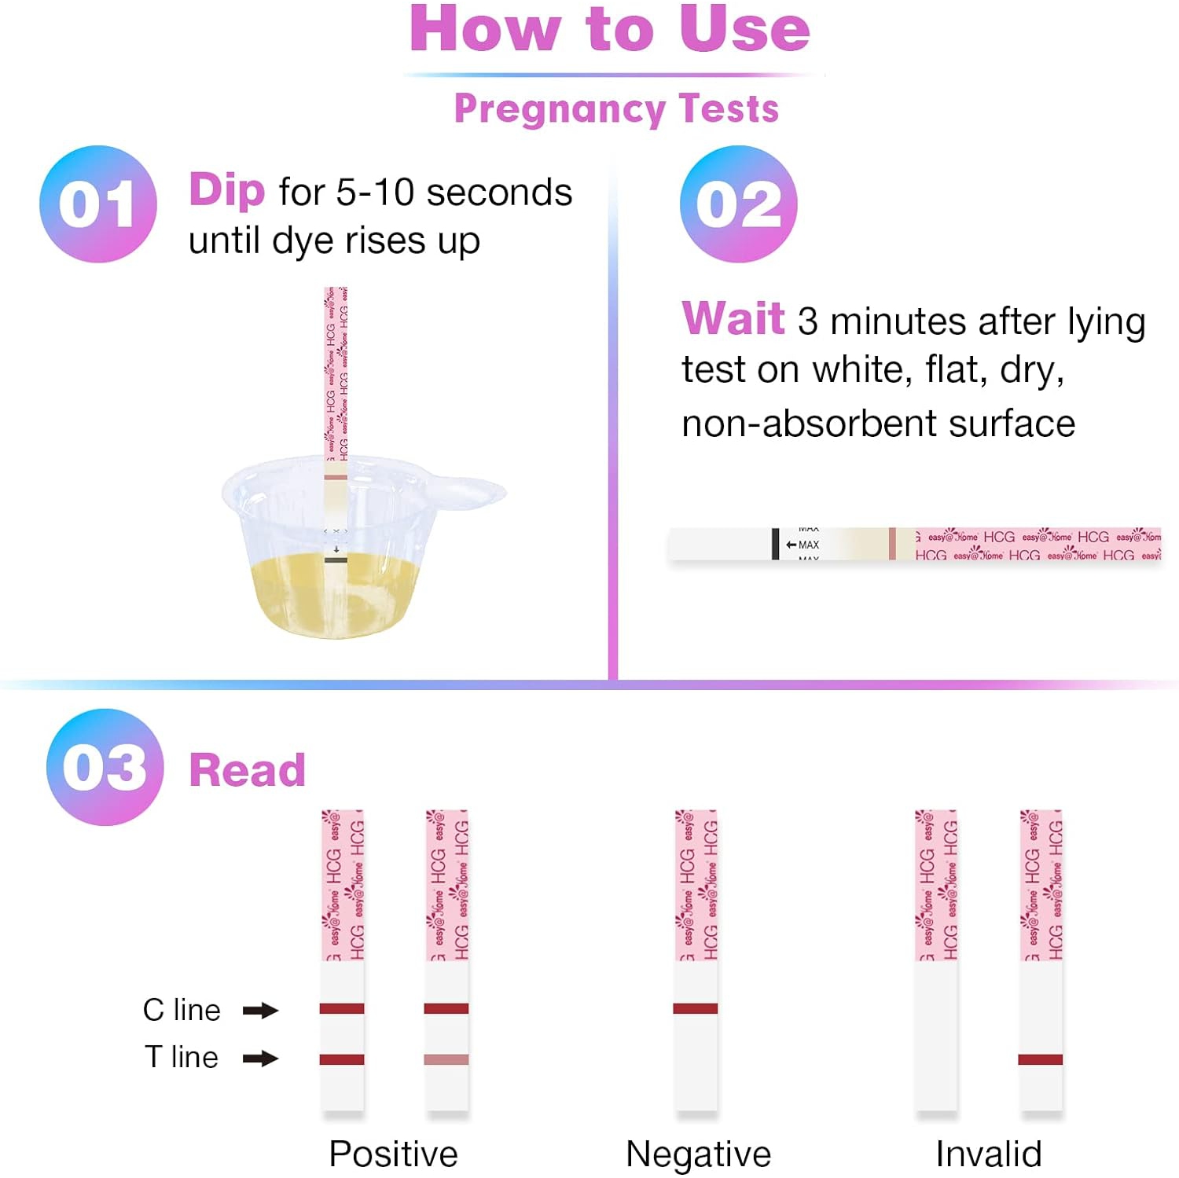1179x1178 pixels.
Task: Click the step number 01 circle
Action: tap(98, 204)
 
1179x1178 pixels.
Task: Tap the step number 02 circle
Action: tap(739, 204)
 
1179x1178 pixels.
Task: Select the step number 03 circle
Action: tap(105, 767)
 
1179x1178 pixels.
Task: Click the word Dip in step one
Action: tap(227, 191)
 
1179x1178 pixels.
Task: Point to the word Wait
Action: tap(733, 319)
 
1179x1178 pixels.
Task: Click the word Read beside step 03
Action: tap(247, 770)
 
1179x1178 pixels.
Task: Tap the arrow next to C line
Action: tap(260, 1011)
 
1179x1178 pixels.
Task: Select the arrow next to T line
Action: tap(260, 1059)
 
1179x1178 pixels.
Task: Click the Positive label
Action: tap(393, 1154)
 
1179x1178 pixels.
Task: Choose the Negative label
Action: tap(698, 1154)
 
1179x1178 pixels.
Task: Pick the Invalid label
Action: tap(988, 1154)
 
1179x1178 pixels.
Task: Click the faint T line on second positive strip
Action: tap(446, 1059)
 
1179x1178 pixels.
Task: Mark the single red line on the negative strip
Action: tap(696, 1008)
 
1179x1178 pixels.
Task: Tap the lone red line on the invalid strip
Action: tap(1040, 1059)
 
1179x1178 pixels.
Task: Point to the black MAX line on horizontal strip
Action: tap(776, 544)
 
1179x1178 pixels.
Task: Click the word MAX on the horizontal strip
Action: tap(809, 545)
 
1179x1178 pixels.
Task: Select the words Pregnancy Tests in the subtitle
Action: tap(616, 108)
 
